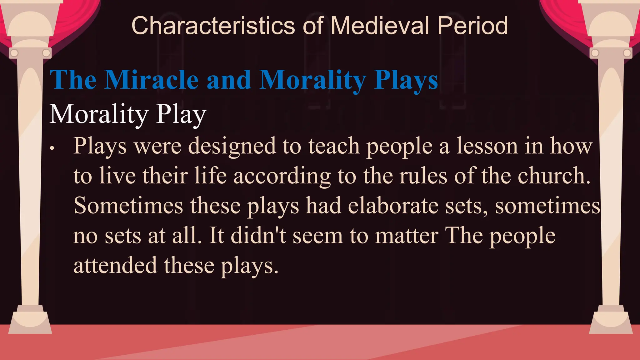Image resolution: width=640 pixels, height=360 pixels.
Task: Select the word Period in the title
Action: point(472,26)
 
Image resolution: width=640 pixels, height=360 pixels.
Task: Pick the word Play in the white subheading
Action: point(181,114)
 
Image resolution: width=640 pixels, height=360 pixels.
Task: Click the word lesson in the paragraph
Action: point(487,146)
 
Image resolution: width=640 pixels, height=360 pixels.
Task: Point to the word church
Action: point(554,176)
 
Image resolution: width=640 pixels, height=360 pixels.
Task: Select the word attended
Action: point(115,265)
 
